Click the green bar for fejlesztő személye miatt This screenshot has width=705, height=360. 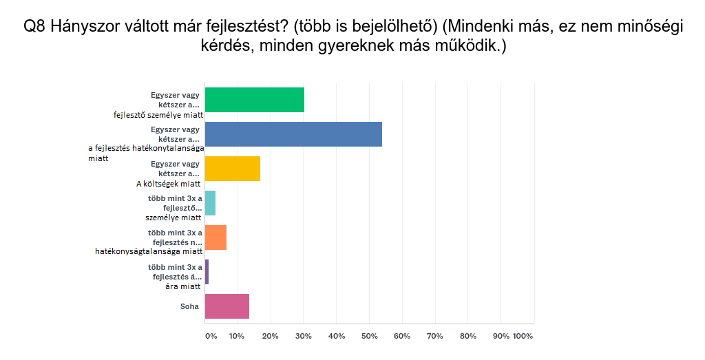[255, 100]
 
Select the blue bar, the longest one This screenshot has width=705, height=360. [293, 134]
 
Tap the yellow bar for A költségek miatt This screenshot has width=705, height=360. [233, 169]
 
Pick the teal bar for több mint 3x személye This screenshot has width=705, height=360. [211, 203]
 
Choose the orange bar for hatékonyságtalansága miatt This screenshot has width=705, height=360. [216, 237]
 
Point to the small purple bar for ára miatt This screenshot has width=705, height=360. [207, 272]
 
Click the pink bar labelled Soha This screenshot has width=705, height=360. [227, 306]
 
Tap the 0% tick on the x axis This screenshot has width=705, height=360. [211, 336]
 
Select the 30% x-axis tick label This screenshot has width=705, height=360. [303, 336]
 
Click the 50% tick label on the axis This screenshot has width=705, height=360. [369, 336]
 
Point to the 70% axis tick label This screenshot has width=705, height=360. [435, 336]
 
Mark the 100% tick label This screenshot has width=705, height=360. [523, 336]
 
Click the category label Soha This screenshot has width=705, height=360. [191, 306]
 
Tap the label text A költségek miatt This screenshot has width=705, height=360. [168, 184]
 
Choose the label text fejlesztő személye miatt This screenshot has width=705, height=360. [158, 115]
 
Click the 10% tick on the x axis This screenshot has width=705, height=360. [237, 336]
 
